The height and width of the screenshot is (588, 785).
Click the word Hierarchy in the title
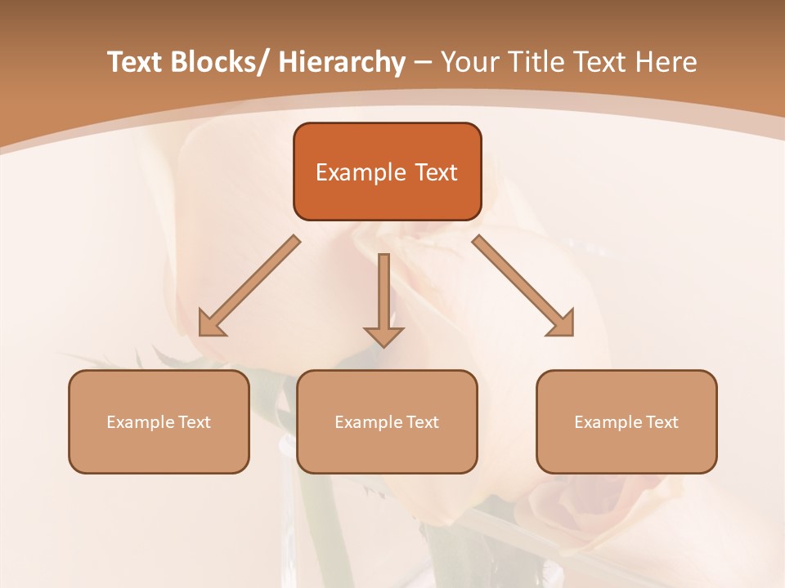click(342, 63)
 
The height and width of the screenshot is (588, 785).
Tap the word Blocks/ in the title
click(218, 63)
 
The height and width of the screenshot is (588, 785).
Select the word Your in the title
click(469, 63)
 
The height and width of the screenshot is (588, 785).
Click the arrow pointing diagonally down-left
click(249, 287)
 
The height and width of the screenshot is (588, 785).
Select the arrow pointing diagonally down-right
click(523, 286)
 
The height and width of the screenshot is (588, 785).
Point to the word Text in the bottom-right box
click(661, 422)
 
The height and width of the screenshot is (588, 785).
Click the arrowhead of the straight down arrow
click(384, 336)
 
